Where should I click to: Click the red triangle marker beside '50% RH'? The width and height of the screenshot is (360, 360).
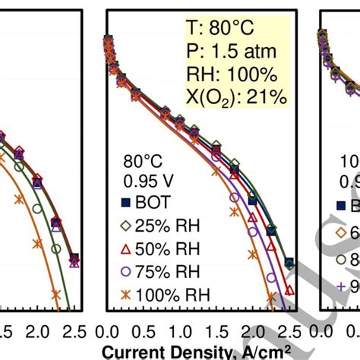127,248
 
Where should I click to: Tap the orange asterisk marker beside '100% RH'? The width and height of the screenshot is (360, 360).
127,293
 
